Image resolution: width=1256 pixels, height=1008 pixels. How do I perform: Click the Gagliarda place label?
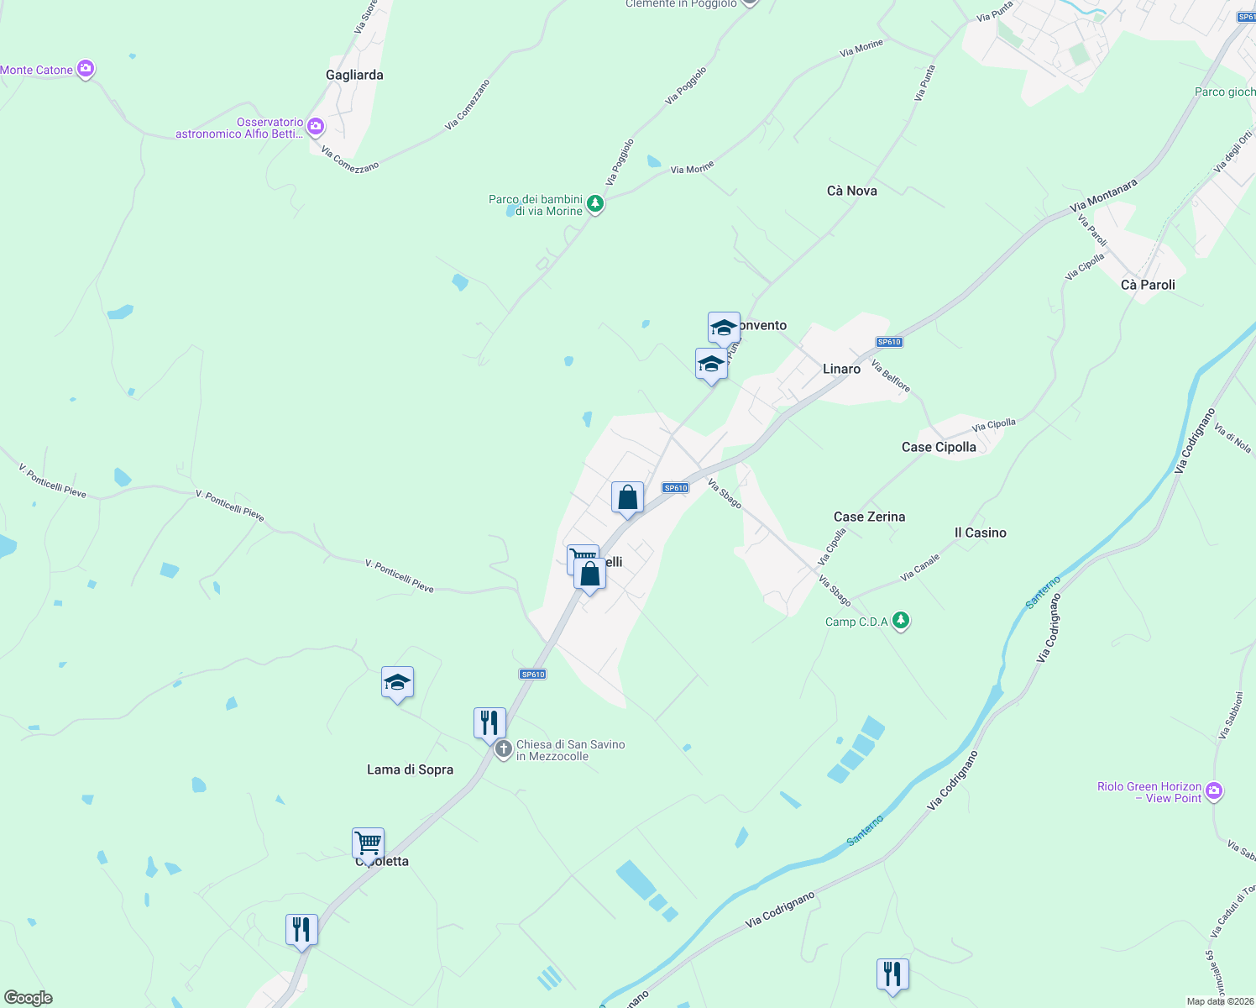354,75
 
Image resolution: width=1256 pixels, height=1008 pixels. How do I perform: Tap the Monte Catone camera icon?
85,69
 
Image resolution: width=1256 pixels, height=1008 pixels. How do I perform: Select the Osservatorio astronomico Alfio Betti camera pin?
316,127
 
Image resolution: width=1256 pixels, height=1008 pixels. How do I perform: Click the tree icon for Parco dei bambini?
594,203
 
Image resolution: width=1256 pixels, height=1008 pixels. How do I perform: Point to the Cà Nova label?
851,191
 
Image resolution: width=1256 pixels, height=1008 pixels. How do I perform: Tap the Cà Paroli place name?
1148,285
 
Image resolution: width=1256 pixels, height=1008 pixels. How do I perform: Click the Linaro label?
841,369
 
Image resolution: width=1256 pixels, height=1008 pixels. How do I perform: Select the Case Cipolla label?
939,447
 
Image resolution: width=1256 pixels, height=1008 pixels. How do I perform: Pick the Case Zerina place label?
869,517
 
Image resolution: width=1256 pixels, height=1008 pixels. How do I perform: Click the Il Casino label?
980,533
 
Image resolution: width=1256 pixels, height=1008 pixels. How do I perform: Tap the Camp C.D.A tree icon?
901,621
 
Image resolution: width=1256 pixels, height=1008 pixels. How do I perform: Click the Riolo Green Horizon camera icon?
1214,790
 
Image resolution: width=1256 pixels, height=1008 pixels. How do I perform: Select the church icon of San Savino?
503,749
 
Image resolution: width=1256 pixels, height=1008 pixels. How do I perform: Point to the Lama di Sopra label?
410,769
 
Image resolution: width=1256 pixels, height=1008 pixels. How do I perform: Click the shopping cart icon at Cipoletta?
368,842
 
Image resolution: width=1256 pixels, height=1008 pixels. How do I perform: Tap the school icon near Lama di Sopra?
397,682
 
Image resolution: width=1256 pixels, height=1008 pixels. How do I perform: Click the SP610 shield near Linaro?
888,342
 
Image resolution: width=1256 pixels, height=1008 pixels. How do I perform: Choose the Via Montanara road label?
1103,195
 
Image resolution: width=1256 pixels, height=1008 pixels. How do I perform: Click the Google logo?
29,998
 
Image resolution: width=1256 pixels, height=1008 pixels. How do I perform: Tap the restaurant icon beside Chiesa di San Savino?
489,722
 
